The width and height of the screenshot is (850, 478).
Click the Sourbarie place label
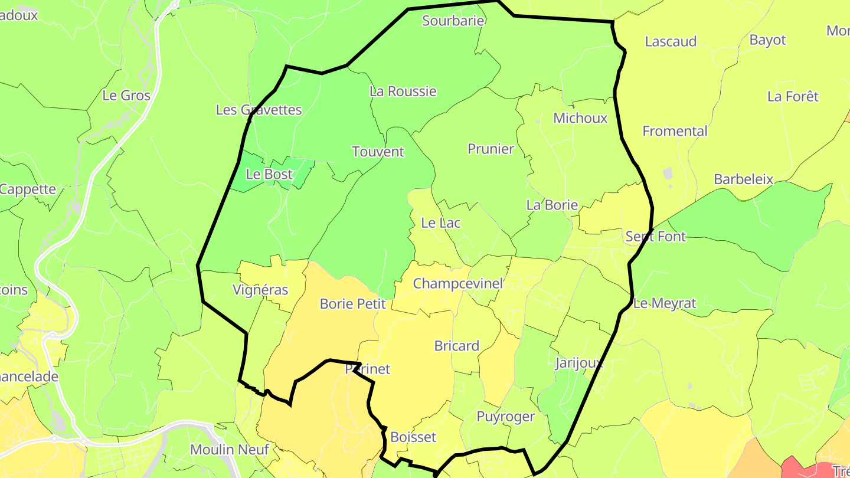[453, 21]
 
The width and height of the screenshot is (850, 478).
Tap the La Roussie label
[403, 91]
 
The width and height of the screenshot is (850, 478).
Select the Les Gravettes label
[259, 110]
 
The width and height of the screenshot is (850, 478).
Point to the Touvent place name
[378, 152]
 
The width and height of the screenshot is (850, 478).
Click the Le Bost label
[269, 174]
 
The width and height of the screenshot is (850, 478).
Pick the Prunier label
[491, 149]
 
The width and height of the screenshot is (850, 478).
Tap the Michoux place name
[580, 118]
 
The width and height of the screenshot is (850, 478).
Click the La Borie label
[552, 205]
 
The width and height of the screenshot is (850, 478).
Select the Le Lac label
[440, 223]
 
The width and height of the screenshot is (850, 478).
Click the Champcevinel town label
[458, 283]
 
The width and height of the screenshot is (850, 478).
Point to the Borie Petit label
[352, 304]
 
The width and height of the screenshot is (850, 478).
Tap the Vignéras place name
[260, 290]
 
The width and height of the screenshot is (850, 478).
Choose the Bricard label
[457, 346]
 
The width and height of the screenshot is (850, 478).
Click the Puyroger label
[506, 417]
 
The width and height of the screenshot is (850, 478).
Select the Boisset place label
[413, 437]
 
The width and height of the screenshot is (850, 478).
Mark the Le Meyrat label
[665, 303]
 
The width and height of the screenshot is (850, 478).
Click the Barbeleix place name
[744, 179]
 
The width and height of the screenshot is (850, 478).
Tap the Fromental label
[675, 131]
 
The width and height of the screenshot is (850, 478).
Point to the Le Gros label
[126, 96]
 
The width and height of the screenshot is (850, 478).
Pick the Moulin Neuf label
[230, 450]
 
